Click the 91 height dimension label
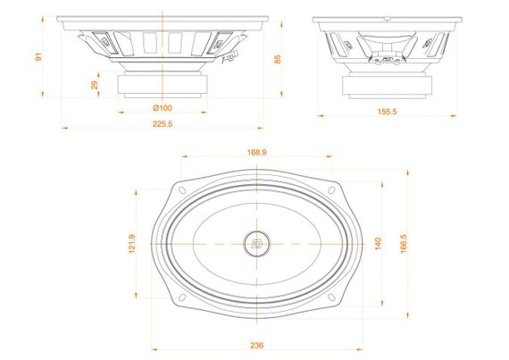point(38,57)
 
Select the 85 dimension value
point(279,60)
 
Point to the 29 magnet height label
point(95,85)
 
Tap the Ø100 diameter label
point(163,107)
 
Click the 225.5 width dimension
point(163,124)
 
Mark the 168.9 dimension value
point(256,153)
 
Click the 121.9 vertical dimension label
point(132,243)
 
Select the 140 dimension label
point(379,242)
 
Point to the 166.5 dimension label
point(404,242)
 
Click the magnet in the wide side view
point(163,85)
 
